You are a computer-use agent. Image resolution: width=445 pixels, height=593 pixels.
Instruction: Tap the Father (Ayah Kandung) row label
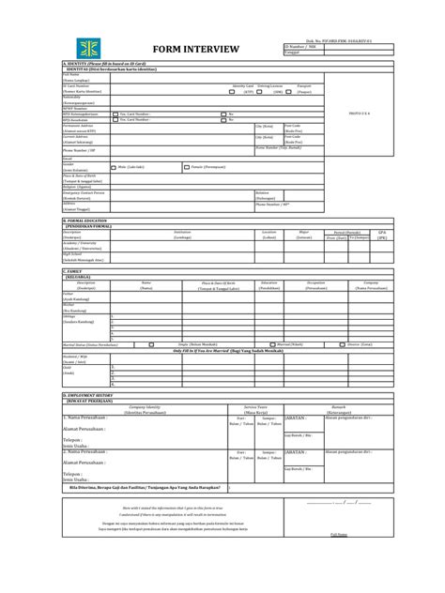point(73,295)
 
